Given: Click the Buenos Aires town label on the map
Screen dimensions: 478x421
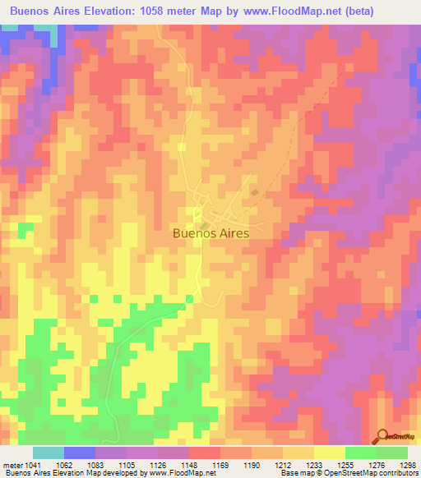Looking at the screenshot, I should [210, 232].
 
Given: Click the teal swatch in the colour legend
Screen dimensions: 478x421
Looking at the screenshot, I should [49, 453].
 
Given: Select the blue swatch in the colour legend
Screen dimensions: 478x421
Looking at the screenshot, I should [80, 453].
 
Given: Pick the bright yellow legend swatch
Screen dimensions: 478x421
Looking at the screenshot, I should [329, 453].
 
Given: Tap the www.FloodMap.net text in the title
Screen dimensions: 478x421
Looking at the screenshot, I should [269, 11].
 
